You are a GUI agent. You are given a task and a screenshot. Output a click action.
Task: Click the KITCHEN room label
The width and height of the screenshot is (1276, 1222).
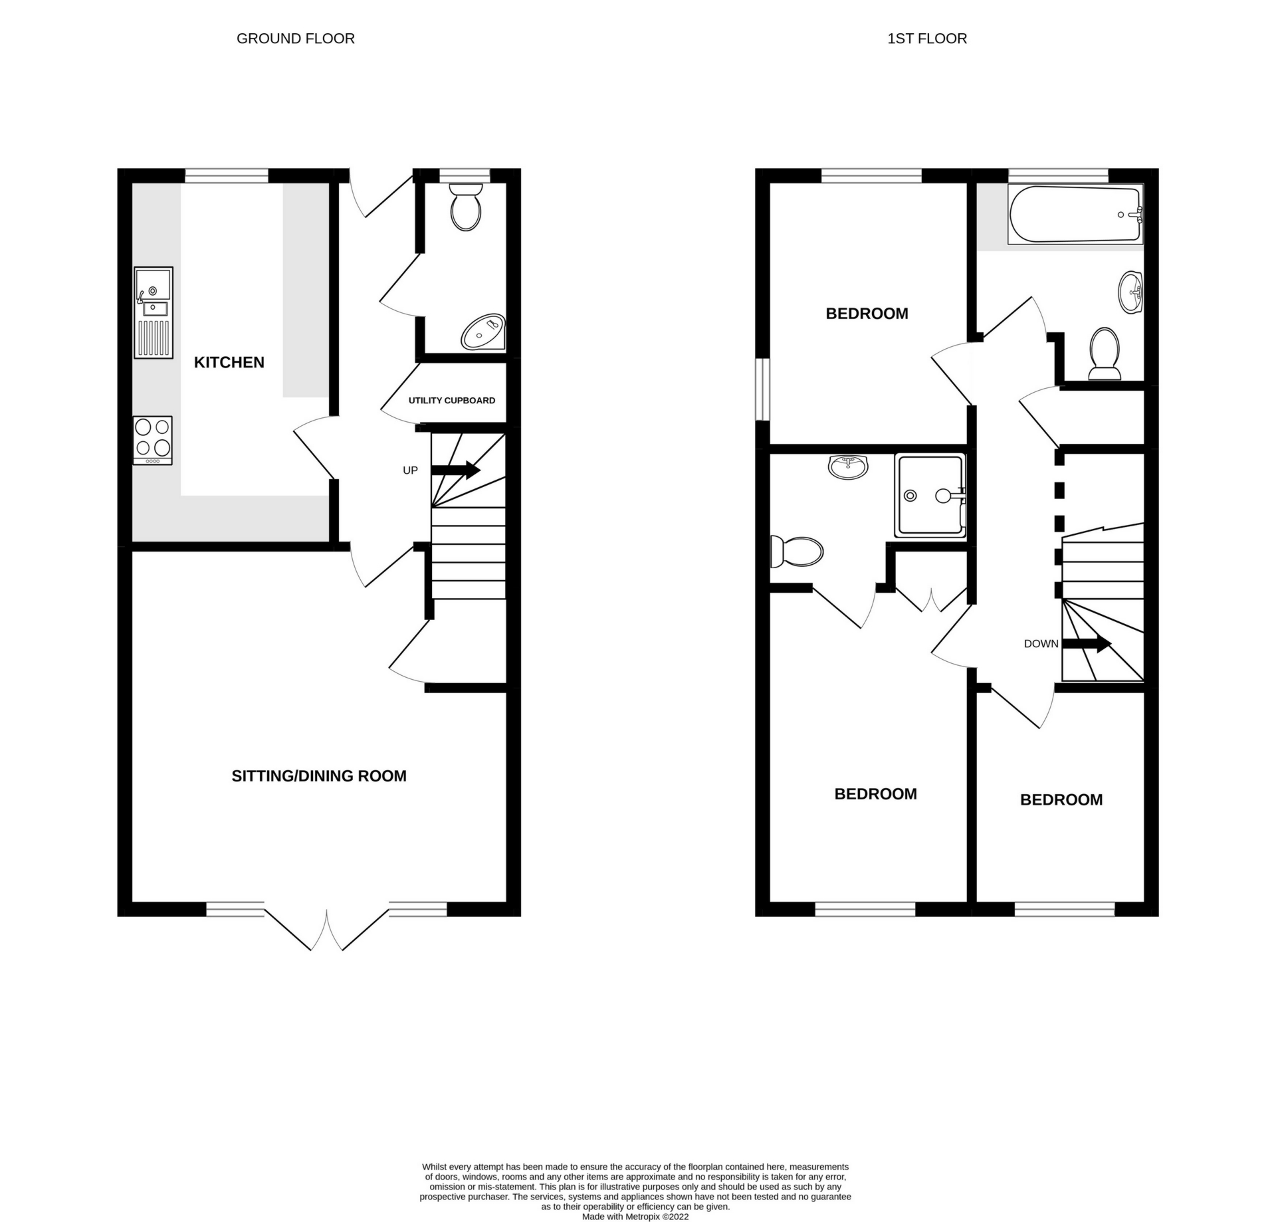229,362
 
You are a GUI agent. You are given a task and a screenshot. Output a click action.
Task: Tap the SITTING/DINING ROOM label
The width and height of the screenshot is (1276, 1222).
318,775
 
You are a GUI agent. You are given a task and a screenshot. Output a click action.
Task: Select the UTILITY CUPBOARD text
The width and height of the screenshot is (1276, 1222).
451,400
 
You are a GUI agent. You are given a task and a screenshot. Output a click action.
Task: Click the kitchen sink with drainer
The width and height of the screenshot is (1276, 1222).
154,312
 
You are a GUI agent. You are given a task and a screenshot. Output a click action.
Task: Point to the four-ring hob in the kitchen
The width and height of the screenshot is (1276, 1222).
152,440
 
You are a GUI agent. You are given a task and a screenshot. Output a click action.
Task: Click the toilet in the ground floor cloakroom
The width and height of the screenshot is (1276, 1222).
465,207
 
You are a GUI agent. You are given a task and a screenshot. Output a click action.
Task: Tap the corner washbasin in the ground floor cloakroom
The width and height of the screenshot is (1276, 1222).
484,332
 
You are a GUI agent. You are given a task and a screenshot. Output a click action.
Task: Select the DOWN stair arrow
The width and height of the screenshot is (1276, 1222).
1087,643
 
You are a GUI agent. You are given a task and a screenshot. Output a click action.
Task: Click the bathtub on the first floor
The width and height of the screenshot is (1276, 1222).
1075,214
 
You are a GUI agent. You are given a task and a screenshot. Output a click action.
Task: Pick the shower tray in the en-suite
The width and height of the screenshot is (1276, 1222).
930,495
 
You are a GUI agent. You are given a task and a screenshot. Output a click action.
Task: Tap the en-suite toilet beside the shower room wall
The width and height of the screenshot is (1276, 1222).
797,552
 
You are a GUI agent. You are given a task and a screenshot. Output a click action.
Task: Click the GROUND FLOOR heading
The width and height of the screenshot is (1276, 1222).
295,39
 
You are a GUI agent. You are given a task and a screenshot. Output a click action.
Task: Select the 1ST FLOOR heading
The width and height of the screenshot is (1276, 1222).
926,39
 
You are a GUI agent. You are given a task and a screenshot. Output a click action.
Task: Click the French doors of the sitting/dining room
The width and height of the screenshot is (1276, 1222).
326,928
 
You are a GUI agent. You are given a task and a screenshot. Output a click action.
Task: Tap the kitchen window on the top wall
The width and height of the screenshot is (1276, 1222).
226,175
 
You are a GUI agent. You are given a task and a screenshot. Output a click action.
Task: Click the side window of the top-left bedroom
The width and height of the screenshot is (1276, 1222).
762,390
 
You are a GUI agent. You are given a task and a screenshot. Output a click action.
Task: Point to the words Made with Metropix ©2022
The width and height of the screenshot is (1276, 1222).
635,1217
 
